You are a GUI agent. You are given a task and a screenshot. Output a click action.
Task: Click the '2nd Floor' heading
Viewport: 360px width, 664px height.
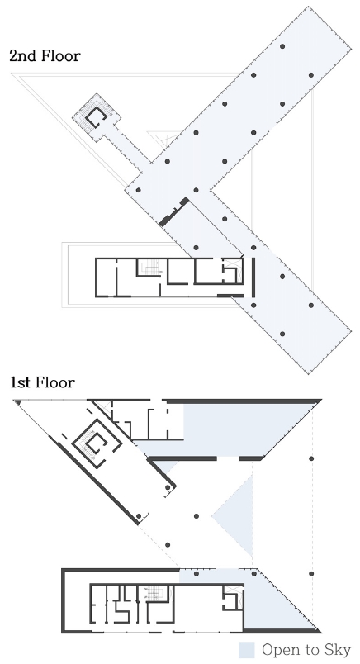pos(45,56)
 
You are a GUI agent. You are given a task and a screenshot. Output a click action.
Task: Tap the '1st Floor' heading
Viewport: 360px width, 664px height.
pos(43,382)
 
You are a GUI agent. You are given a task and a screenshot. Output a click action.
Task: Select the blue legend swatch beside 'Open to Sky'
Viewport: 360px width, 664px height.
pos(246,650)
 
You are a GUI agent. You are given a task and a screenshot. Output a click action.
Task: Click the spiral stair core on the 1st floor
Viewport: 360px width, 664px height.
pos(97,446)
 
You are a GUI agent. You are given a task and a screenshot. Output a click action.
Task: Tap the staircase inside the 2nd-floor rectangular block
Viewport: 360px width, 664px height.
pos(149,268)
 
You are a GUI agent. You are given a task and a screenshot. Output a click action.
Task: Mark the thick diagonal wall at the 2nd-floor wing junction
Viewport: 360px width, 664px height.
pos(175,211)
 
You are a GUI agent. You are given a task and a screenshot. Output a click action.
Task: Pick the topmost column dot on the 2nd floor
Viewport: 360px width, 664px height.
pos(282,45)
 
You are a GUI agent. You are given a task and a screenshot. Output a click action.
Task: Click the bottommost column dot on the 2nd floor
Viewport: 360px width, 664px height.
pos(282,334)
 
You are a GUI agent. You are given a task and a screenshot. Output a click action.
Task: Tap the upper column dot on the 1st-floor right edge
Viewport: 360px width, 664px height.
pos(312,458)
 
